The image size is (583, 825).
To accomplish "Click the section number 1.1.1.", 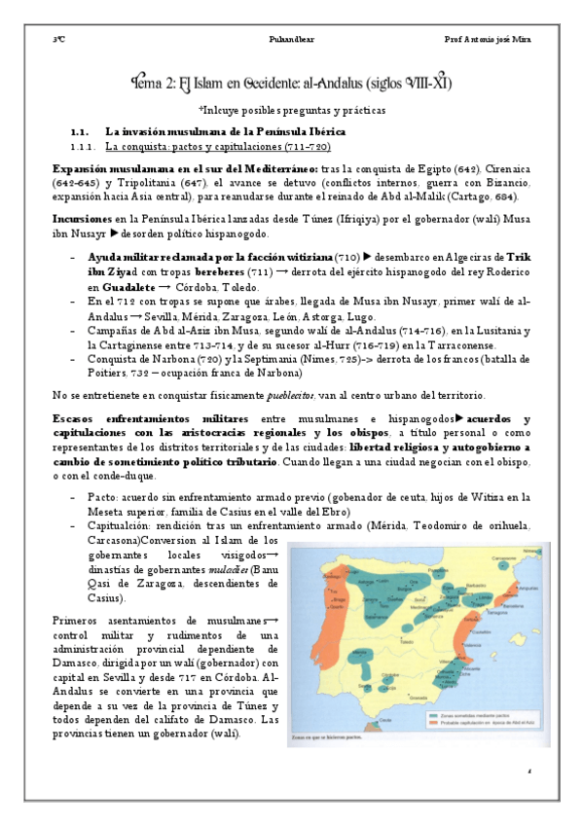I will click(x=86, y=146).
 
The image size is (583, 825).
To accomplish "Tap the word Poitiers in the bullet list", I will click(x=93, y=373).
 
